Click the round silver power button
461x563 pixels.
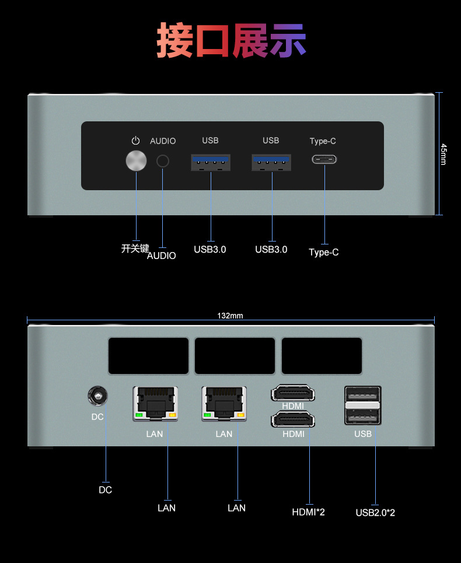click(x=137, y=161)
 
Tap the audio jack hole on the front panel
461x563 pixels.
click(x=163, y=161)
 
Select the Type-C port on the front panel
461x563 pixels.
click(x=324, y=159)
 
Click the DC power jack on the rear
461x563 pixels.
click(x=97, y=398)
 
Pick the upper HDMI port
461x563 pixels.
click(x=292, y=394)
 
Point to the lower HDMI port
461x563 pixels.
click(x=292, y=419)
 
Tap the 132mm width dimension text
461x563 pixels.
click(x=230, y=316)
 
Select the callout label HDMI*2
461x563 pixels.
click(x=308, y=512)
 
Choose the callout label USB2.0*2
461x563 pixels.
click(x=375, y=513)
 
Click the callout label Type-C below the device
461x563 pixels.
click(x=323, y=252)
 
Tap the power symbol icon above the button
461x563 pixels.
click(x=136, y=141)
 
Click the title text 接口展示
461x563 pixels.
click(x=231, y=41)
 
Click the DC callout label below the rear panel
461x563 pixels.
click(x=105, y=490)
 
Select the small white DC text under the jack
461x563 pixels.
click(x=97, y=417)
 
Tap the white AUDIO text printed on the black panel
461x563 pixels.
click(x=163, y=141)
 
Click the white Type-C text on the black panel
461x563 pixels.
click(x=323, y=141)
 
